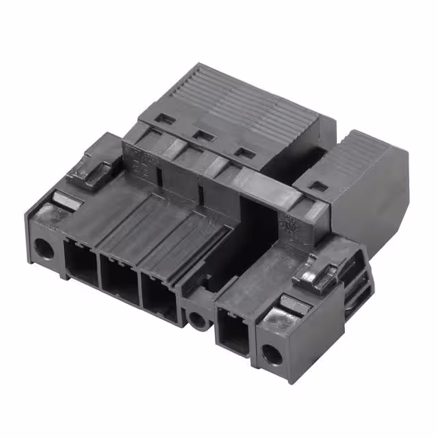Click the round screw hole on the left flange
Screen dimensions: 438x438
click(x=44, y=249)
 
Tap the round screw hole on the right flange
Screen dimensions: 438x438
click(x=272, y=354)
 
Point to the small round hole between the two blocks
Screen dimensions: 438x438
click(x=197, y=318)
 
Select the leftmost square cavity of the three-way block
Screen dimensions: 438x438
click(x=81, y=261)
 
